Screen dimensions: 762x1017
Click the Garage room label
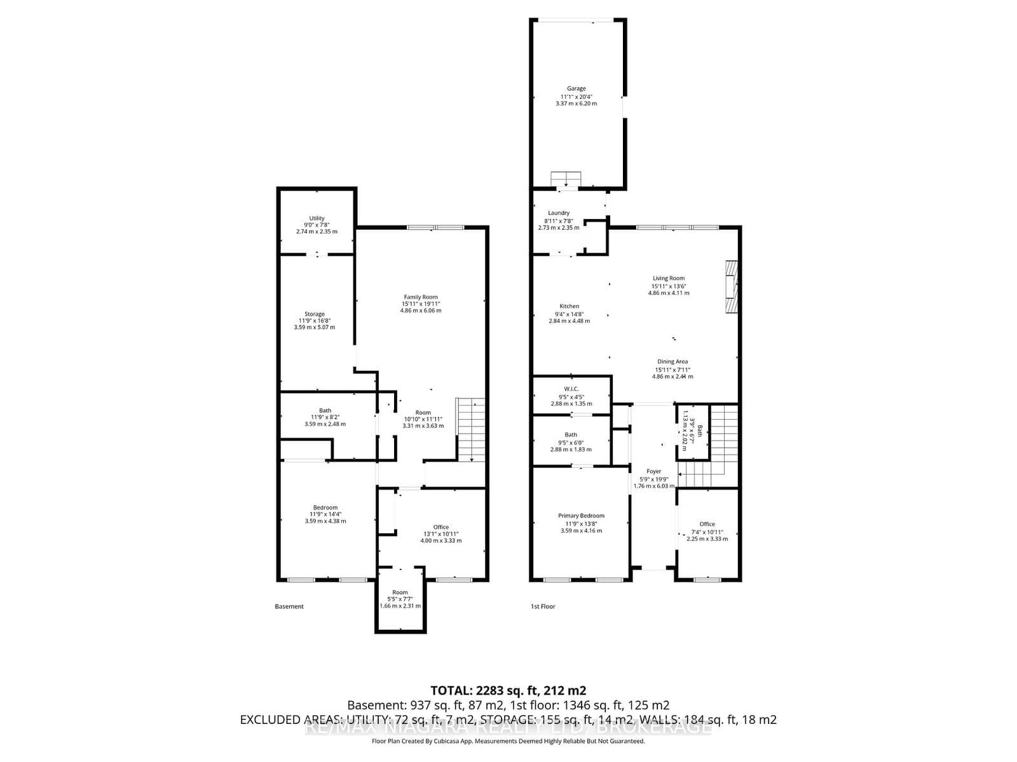pyautogui.click(x=577, y=89)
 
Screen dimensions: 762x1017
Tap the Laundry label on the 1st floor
pyautogui.click(x=559, y=213)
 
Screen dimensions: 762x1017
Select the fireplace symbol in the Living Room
pyautogui.click(x=732, y=286)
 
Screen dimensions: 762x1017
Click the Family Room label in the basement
pyautogui.click(x=421, y=297)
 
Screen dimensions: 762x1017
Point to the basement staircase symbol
pyautogui.click(x=471, y=429)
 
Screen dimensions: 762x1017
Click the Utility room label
pyautogui.click(x=317, y=218)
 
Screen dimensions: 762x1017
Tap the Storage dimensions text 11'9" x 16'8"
pyautogui.click(x=314, y=321)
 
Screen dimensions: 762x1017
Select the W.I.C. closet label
pyautogui.click(x=571, y=389)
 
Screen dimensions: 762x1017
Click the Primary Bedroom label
pyautogui.click(x=581, y=516)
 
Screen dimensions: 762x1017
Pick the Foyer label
pyautogui.click(x=653, y=471)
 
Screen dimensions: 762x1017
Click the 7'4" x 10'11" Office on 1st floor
pyautogui.click(x=707, y=531)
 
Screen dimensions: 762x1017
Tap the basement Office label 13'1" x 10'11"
pyautogui.click(x=440, y=527)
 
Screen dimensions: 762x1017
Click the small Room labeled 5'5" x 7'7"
pyautogui.click(x=400, y=599)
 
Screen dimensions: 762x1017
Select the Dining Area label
pyautogui.click(x=672, y=361)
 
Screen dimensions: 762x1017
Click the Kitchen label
pyautogui.click(x=569, y=306)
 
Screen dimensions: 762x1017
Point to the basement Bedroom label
pyautogui.click(x=325, y=507)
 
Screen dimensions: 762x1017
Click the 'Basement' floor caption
pyautogui.click(x=289, y=606)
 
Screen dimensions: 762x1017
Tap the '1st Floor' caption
pyautogui.click(x=543, y=606)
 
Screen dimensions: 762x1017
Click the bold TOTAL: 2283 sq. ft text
pyautogui.click(x=508, y=690)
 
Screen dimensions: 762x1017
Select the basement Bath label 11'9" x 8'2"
pyautogui.click(x=325, y=411)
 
